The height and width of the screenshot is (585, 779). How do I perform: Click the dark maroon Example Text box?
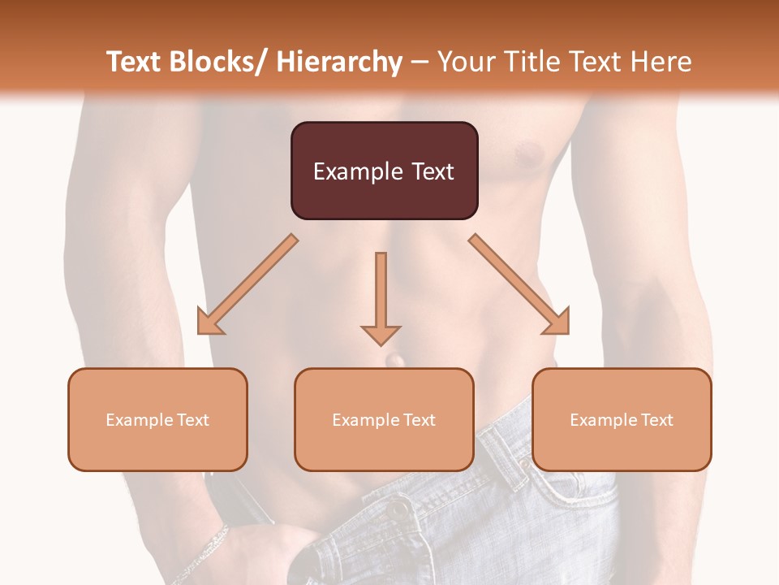[x=384, y=171]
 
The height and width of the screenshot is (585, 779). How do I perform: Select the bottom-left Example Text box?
[x=157, y=419]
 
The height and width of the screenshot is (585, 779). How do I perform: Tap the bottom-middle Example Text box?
[x=384, y=419]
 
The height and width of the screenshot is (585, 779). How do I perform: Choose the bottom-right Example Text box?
[x=622, y=419]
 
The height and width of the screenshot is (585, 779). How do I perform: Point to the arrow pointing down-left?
[x=247, y=284]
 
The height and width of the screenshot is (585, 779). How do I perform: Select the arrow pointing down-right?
[x=519, y=284]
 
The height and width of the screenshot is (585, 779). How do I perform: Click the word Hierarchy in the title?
[x=339, y=62]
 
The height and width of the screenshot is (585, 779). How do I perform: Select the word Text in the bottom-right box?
[x=656, y=420]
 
